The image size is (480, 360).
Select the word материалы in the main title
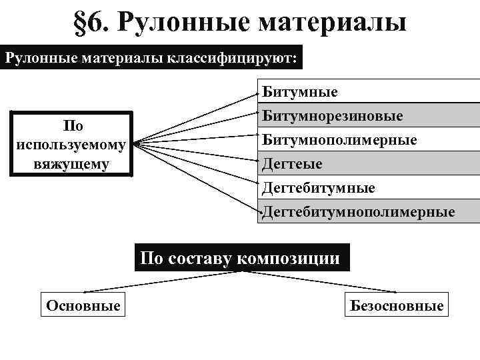click(332, 22)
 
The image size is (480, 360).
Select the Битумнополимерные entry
click(339, 140)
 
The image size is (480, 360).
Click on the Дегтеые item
click(292, 164)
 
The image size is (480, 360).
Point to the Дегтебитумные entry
click(318, 188)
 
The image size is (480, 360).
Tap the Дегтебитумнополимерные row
click(359, 212)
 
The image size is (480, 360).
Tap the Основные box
click(83, 306)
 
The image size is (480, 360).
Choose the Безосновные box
click(396, 306)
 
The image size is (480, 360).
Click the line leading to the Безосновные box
click(320, 281)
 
